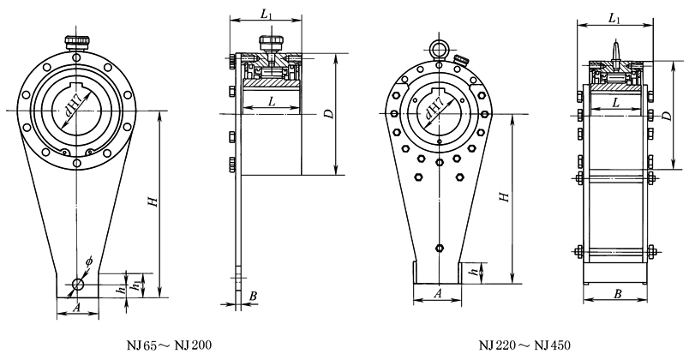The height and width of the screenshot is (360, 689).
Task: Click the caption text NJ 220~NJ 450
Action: (x=524, y=345)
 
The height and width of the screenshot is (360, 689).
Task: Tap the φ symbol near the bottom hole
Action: (x=89, y=261)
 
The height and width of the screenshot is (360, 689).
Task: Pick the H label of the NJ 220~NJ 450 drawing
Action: (x=506, y=196)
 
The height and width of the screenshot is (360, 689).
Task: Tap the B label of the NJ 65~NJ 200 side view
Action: (x=253, y=297)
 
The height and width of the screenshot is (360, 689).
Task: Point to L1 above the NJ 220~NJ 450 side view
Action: (x=614, y=17)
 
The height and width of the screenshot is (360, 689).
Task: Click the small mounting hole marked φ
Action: (x=77, y=284)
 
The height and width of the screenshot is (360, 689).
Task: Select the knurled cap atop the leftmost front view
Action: (x=77, y=39)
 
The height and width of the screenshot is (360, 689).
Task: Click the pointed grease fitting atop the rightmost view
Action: (x=615, y=51)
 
